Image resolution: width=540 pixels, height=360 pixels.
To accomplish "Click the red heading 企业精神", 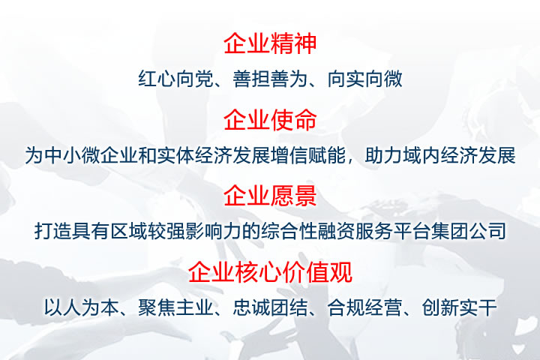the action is pyautogui.click(x=270, y=43).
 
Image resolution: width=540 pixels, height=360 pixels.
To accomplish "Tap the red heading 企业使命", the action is pyautogui.click(x=270, y=120).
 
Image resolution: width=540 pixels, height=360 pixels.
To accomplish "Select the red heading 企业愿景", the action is pyautogui.click(x=270, y=196).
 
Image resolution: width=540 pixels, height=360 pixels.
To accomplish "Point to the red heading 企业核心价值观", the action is pyautogui.click(x=270, y=271).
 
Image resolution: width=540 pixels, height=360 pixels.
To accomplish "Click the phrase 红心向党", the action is pyautogui.click(x=175, y=79).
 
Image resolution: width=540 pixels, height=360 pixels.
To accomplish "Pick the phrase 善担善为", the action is pyautogui.click(x=270, y=79).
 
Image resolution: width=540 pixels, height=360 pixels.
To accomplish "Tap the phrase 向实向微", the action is pyautogui.click(x=364, y=79).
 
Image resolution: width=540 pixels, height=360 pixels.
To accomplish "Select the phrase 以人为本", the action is pyautogui.click(x=81, y=307).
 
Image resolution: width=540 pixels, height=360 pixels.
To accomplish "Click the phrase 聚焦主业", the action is pyautogui.click(x=175, y=307).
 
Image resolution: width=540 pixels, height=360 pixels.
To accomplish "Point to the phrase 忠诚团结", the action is pyautogui.click(x=270, y=307).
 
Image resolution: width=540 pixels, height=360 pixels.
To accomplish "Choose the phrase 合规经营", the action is pyautogui.click(x=364, y=307).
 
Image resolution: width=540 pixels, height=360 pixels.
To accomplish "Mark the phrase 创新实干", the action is pyautogui.click(x=459, y=307).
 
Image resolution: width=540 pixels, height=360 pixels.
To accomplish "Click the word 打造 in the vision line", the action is pyautogui.click(x=52, y=231).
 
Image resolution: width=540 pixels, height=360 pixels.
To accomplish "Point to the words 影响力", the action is pyautogui.click(x=213, y=231).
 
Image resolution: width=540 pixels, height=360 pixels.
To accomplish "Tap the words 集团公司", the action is pyautogui.click(x=468, y=231).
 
